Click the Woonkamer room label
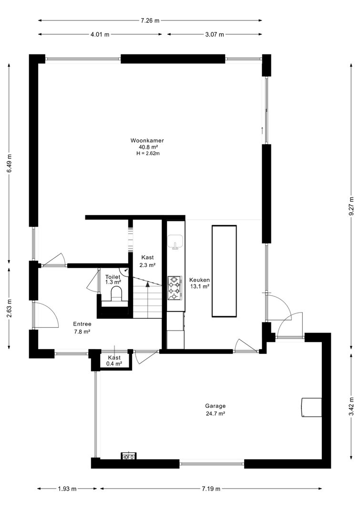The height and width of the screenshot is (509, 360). click(x=147, y=141)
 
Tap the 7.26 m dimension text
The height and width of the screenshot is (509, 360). click(x=150, y=21)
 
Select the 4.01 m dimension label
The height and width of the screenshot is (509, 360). click(x=100, y=34)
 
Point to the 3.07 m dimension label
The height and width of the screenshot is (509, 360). click(x=215, y=34)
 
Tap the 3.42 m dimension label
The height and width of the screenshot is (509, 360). click(x=351, y=406)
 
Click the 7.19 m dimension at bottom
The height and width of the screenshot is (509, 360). click(x=211, y=488)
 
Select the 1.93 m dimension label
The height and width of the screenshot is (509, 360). click(x=67, y=488)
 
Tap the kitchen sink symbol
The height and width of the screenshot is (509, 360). click(x=175, y=242)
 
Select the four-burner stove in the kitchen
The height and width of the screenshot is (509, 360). click(x=175, y=288)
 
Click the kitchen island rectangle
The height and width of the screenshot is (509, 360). click(x=224, y=271)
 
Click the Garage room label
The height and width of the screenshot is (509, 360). click(x=215, y=406)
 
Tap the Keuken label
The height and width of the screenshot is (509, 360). click(x=199, y=280)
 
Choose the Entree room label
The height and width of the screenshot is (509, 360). click(x=82, y=324)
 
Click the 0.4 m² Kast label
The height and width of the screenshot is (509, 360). click(x=114, y=361)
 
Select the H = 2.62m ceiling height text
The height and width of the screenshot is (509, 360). click(x=148, y=154)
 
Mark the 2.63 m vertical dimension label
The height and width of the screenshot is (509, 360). click(x=9, y=308)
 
